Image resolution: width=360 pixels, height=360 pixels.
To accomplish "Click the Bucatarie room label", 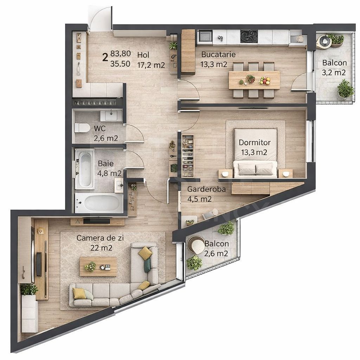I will [218, 55].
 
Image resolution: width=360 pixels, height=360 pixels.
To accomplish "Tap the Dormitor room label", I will [255, 143].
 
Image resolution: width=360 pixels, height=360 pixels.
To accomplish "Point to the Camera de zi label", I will [95, 238].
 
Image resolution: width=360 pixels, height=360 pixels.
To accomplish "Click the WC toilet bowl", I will [82, 127].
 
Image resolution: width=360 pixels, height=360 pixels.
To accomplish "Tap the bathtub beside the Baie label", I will [84, 169].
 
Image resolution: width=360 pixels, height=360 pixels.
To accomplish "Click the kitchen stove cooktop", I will [249, 36].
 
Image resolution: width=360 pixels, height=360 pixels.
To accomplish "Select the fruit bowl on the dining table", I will [265, 81].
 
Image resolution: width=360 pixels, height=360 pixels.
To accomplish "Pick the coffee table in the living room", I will [98, 266].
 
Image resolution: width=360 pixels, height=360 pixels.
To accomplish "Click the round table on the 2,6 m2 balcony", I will [196, 245].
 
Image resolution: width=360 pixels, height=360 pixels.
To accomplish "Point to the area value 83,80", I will [121, 54].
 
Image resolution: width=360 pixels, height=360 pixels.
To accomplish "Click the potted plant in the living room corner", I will [29, 290].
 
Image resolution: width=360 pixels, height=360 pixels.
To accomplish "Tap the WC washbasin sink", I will [111, 115].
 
